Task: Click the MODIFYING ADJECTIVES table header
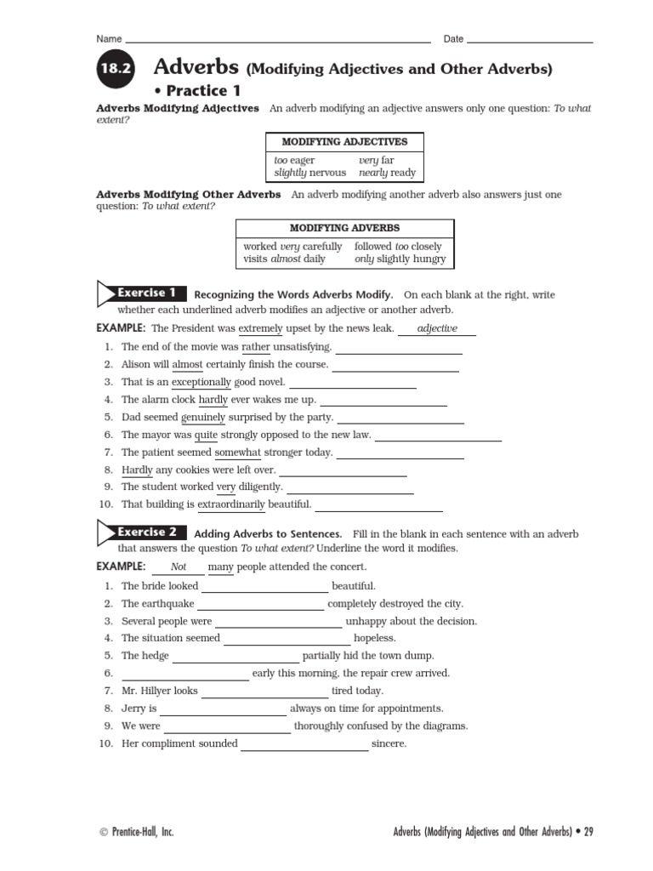[x=344, y=142]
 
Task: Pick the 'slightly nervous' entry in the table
[x=309, y=173]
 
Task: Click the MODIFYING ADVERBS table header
[x=344, y=228]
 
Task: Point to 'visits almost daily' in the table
[x=284, y=259]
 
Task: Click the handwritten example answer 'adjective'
[x=438, y=328]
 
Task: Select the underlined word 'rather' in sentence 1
[x=255, y=347]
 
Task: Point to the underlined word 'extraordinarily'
[x=231, y=504]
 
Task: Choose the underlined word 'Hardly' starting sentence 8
[x=137, y=470]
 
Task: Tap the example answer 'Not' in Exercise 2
[x=179, y=567]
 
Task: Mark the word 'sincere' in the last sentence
[x=389, y=744]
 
